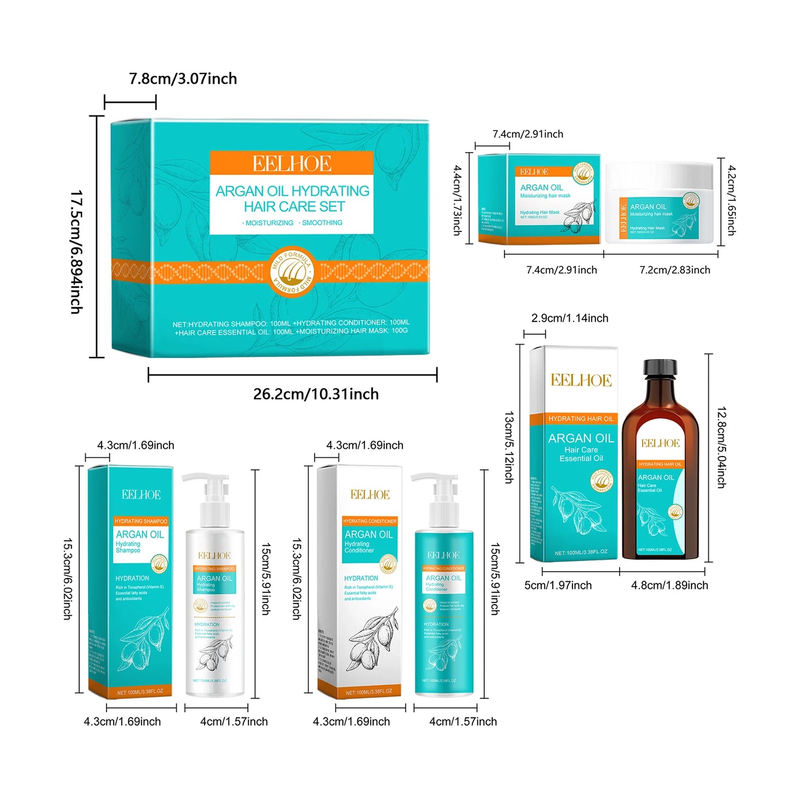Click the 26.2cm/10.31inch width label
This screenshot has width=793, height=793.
[316, 394]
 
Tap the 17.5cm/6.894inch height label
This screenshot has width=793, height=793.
[76, 252]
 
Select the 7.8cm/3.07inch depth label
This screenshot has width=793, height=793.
[183, 79]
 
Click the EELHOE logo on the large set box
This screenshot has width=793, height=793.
[291, 164]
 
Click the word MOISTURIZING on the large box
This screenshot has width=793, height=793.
[268, 223]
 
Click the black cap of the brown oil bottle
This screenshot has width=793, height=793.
[660, 368]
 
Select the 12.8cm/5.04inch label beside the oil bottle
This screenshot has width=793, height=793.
[721, 447]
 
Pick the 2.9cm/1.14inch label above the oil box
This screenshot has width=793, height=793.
[570, 318]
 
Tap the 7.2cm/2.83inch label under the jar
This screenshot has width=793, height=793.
[674, 270]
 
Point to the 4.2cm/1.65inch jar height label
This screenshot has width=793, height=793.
[731, 200]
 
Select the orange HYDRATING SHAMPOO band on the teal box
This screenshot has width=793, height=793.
[140, 521]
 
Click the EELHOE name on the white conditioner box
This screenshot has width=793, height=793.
[370, 495]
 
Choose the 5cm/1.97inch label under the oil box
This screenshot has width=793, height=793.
[558, 586]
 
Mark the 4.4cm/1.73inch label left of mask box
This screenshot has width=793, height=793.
[457, 200]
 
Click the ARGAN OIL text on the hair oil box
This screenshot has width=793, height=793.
[581, 438]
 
